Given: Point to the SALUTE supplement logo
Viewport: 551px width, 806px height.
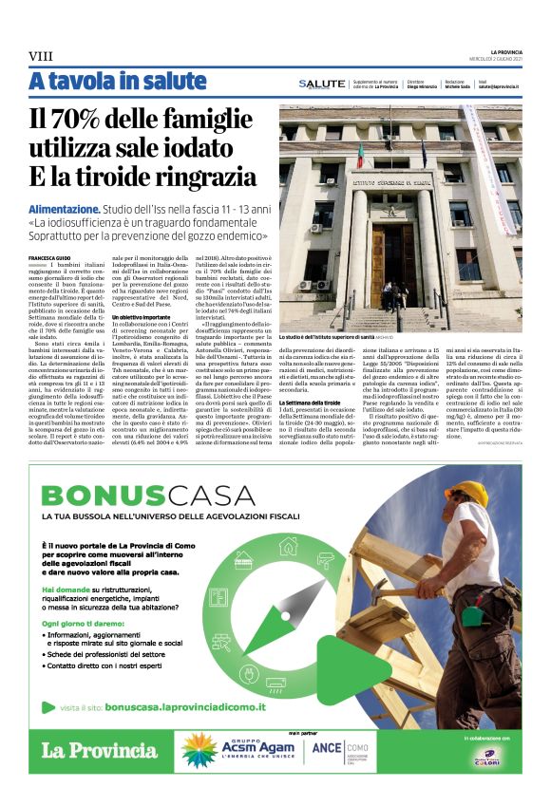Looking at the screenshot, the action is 322,84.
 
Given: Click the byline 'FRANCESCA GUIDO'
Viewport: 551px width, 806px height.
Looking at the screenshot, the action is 50,257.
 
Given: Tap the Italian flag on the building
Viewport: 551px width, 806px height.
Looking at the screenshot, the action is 360,153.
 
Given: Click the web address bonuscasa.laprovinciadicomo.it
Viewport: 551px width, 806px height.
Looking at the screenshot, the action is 197,707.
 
